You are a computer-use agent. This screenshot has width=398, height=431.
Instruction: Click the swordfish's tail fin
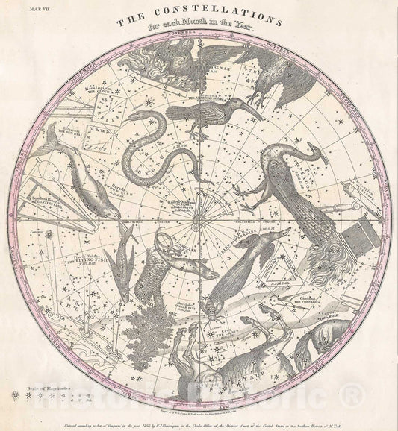(49, 133)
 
